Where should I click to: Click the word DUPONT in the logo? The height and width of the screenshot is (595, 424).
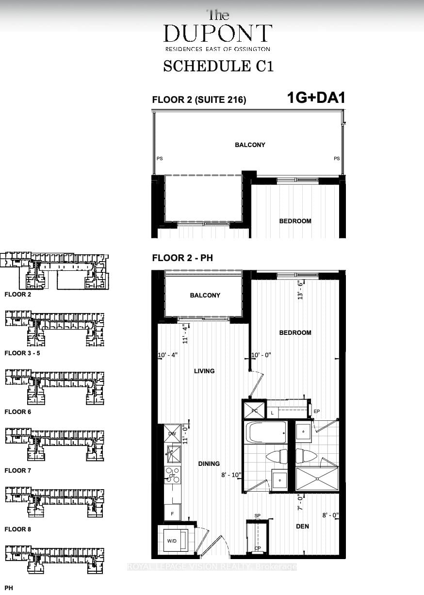point(218,33)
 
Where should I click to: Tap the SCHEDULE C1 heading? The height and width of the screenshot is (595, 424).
point(218,66)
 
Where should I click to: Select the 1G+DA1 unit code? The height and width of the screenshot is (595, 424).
point(316,98)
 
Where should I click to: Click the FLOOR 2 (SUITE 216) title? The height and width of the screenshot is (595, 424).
point(199,100)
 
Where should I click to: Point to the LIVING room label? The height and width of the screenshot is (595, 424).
point(204,371)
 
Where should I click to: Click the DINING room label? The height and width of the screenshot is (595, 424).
point(209,463)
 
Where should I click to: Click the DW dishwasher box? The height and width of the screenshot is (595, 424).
point(172,433)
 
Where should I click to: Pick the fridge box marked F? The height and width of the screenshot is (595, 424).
point(172,512)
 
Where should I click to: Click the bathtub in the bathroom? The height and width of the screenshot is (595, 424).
point(266,432)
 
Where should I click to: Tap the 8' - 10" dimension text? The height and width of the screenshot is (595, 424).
point(231,475)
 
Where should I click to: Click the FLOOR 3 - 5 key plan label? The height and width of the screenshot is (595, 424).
point(22,353)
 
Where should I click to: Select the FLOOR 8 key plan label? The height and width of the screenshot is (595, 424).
point(18,529)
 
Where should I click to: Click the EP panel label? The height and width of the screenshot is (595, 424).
point(317,412)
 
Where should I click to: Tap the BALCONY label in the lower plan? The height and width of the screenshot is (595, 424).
point(205,295)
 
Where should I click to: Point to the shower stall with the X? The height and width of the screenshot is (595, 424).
point(317,479)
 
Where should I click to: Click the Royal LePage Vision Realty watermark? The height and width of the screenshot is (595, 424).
point(212,566)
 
